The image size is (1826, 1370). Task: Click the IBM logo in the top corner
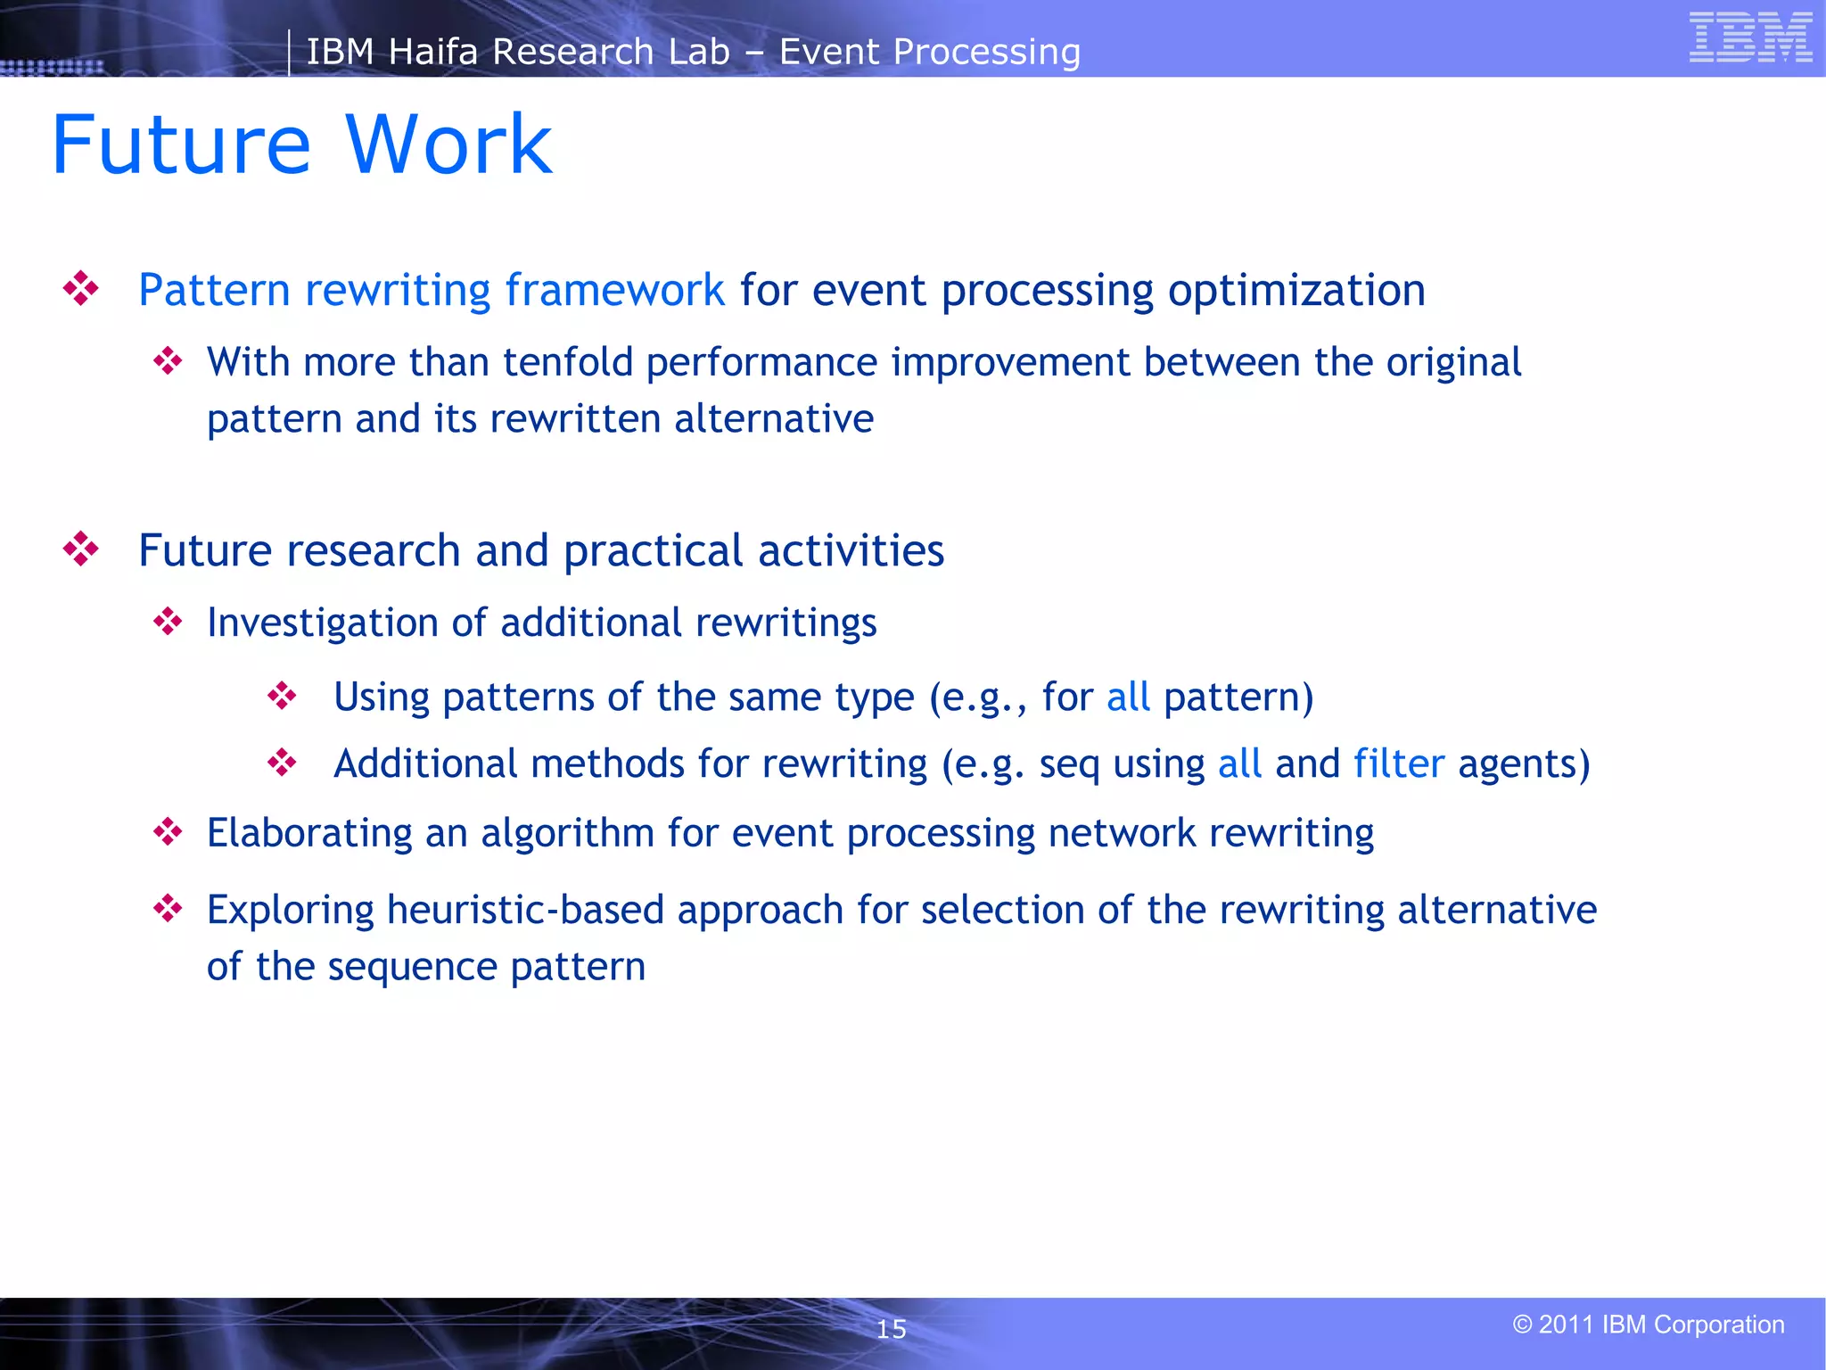(x=1750, y=37)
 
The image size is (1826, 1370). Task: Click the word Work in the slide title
(x=448, y=144)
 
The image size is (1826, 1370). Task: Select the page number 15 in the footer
(x=891, y=1329)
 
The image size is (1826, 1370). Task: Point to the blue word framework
(x=614, y=290)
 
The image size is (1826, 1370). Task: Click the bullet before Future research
(x=81, y=549)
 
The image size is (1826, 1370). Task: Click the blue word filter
(x=1398, y=764)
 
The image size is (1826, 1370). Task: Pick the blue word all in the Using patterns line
(x=1127, y=697)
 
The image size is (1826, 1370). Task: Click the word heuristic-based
(x=525, y=910)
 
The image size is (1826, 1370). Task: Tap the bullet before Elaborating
(x=168, y=832)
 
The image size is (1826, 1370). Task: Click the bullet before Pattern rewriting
(x=81, y=289)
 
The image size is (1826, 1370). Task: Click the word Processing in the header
(x=986, y=52)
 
